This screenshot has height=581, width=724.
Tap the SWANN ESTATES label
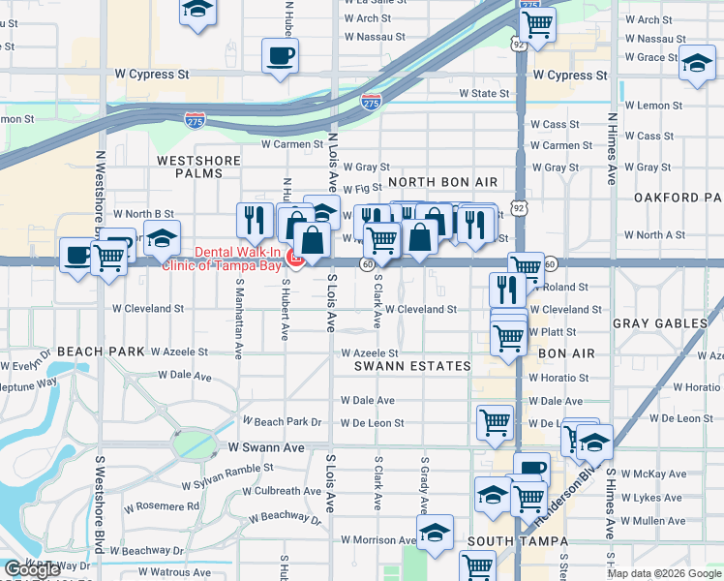coord(412,366)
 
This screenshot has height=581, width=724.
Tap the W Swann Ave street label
coord(266,447)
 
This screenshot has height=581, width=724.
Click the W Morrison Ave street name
coord(378,539)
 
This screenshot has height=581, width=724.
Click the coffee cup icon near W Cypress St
coord(281,56)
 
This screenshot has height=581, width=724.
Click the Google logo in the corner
coord(32,569)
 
